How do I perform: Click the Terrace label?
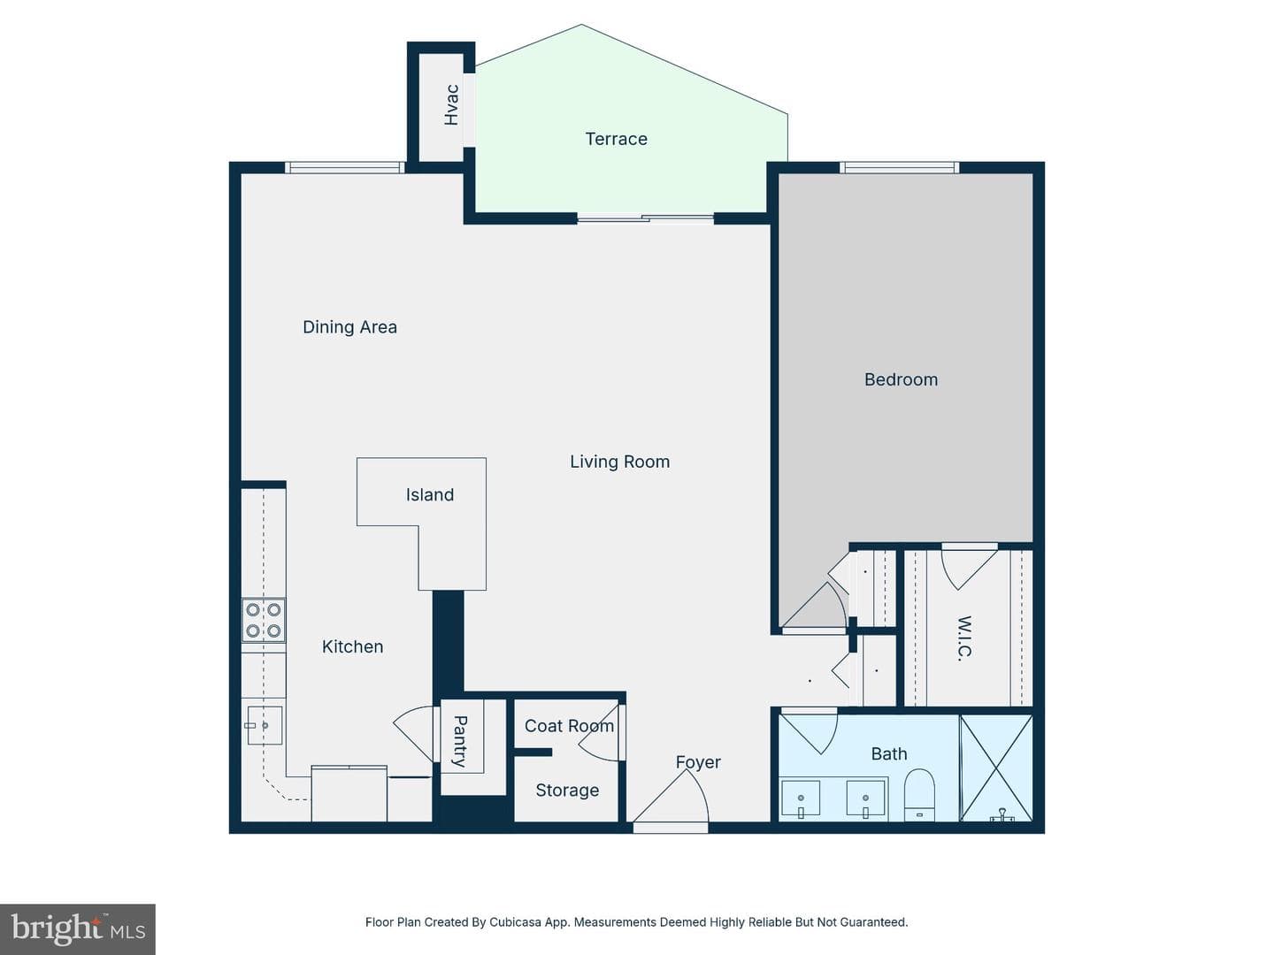tap(616, 139)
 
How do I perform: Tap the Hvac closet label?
tap(451, 105)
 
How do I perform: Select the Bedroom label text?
tap(901, 380)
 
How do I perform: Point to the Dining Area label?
tap(350, 327)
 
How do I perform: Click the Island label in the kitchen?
tap(429, 495)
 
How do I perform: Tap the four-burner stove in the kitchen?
tap(264, 621)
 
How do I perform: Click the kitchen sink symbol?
tap(265, 725)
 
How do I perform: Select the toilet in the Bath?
tap(919, 794)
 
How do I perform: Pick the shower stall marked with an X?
tap(996, 768)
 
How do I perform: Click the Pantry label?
tap(460, 742)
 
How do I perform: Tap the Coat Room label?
tap(569, 726)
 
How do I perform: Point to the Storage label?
tap(567, 791)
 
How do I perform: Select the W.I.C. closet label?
tap(963, 638)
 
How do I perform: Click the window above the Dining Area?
tap(345, 168)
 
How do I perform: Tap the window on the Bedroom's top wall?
tap(899, 168)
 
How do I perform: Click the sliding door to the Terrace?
tap(645, 218)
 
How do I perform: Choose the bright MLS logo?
tap(78, 928)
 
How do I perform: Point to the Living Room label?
tap(619, 462)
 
